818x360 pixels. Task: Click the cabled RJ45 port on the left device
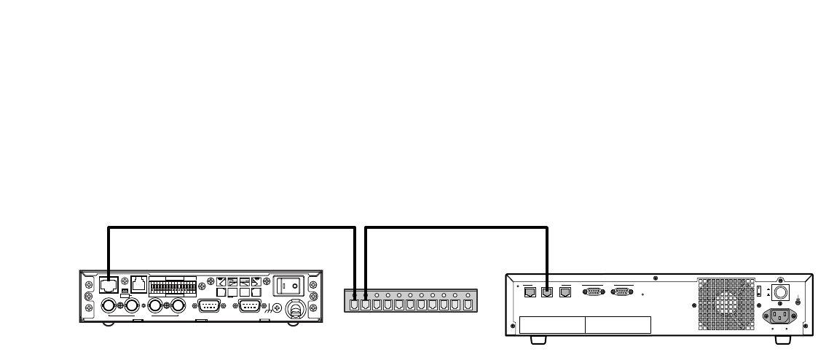point(108,284)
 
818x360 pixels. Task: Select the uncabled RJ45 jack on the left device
point(138,285)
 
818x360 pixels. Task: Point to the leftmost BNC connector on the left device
point(109,306)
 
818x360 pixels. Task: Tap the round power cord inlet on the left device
point(295,308)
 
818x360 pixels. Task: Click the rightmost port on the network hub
point(466,305)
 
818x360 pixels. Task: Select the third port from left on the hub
point(377,305)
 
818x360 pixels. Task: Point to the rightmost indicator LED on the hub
point(466,296)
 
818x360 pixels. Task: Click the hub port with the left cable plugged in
point(355,305)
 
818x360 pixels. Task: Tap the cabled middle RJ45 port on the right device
point(546,292)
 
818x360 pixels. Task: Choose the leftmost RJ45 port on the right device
point(530,292)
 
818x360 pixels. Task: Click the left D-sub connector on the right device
point(594,292)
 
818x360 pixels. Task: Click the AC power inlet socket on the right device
point(779,316)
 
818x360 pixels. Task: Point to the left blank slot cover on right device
point(551,324)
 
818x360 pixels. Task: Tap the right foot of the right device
point(782,340)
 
